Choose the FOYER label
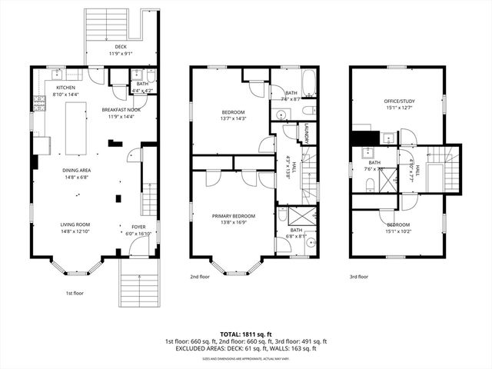point(138,228)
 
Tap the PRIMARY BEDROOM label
point(234,217)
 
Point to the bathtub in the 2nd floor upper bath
point(307,81)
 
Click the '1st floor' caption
point(75,293)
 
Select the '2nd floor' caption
point(199,277)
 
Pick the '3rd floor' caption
point(358,277)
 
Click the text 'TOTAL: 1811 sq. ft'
point(245,334)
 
